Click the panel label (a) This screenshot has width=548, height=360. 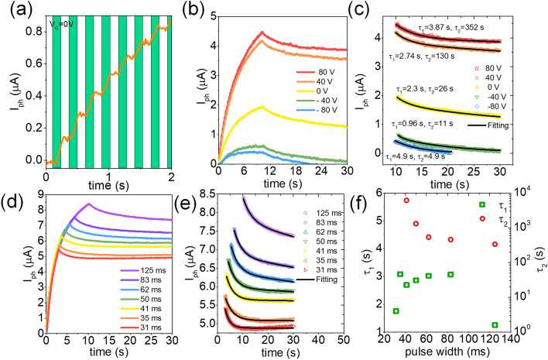(18, 10)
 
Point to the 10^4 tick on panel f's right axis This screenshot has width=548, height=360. (522, 194)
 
